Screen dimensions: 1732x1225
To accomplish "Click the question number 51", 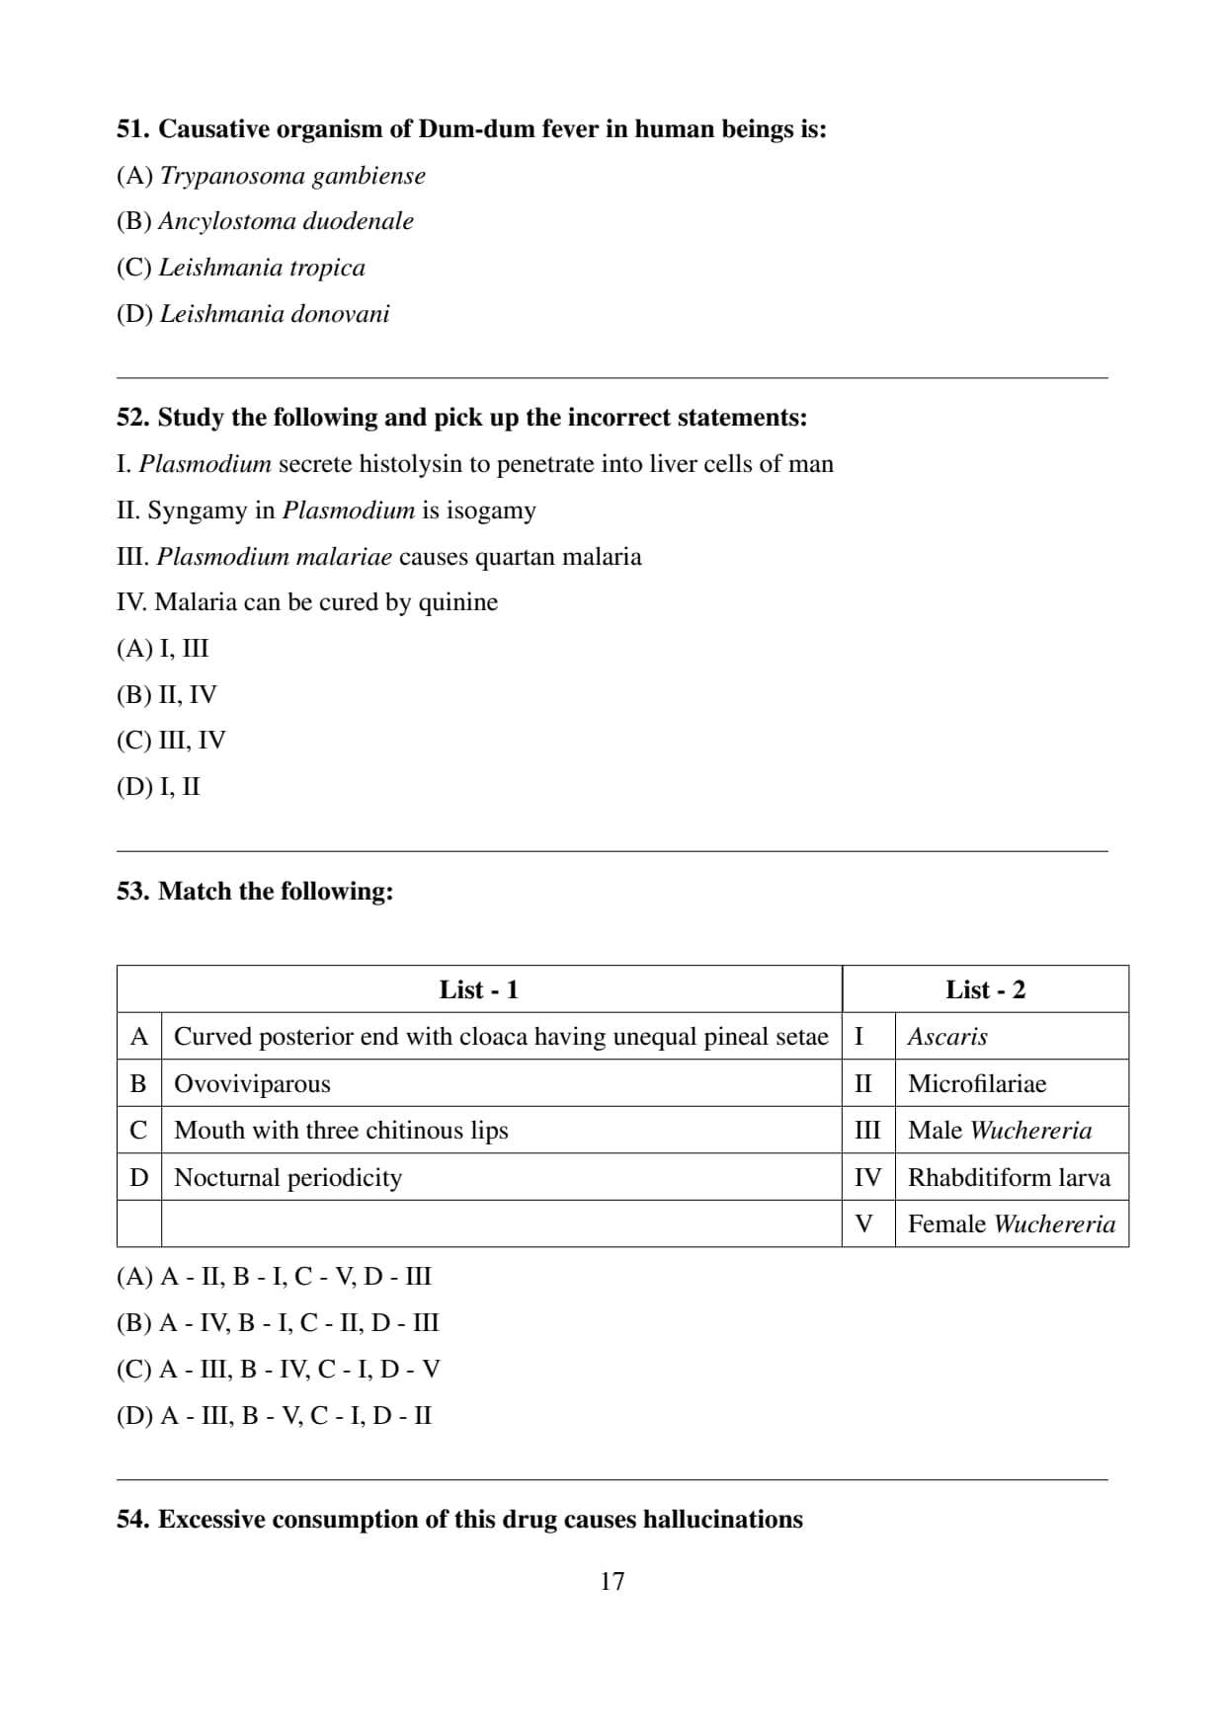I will pyautogui.click(x=133, y=129).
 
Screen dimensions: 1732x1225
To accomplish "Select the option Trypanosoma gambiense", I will pyautogui.click(x=271, y=176).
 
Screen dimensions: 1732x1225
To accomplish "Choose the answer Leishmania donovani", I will pyautogui.click(x=253, y=314).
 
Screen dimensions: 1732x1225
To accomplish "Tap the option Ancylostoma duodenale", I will pyautogui.click(x=265, y=221).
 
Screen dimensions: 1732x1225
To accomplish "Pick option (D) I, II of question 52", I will pyautogui.click(x=158, y=787).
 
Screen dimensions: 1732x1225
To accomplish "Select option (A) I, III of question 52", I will pyautogui.click(x=163, y=649).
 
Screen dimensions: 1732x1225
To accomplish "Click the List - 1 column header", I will pyautogui.click(x=479, y=989).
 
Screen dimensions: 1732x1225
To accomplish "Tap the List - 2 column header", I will pyautogui.click(x=985, y=989).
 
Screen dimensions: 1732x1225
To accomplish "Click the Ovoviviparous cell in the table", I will pyautogui.click(x=252, y=1083).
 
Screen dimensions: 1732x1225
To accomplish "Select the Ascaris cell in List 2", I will pyautogui.click(x=947, y=1037).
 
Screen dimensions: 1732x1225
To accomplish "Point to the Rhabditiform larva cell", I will pyautogui.click(x=1009, y=1177).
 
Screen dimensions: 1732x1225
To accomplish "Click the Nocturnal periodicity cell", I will pyautogui.click(x=287, y=1177).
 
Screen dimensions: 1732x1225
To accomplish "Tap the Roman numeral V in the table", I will pyautogui.click(x=863, y=1224).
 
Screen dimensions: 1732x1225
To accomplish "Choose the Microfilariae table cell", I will pyautogui.click(x=977, y=1083).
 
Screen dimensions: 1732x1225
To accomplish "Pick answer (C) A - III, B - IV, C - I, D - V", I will pyautogui.click(x=279, y=1370).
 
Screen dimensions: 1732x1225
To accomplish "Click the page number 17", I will pyautogui.click(x=612, y=1581).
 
